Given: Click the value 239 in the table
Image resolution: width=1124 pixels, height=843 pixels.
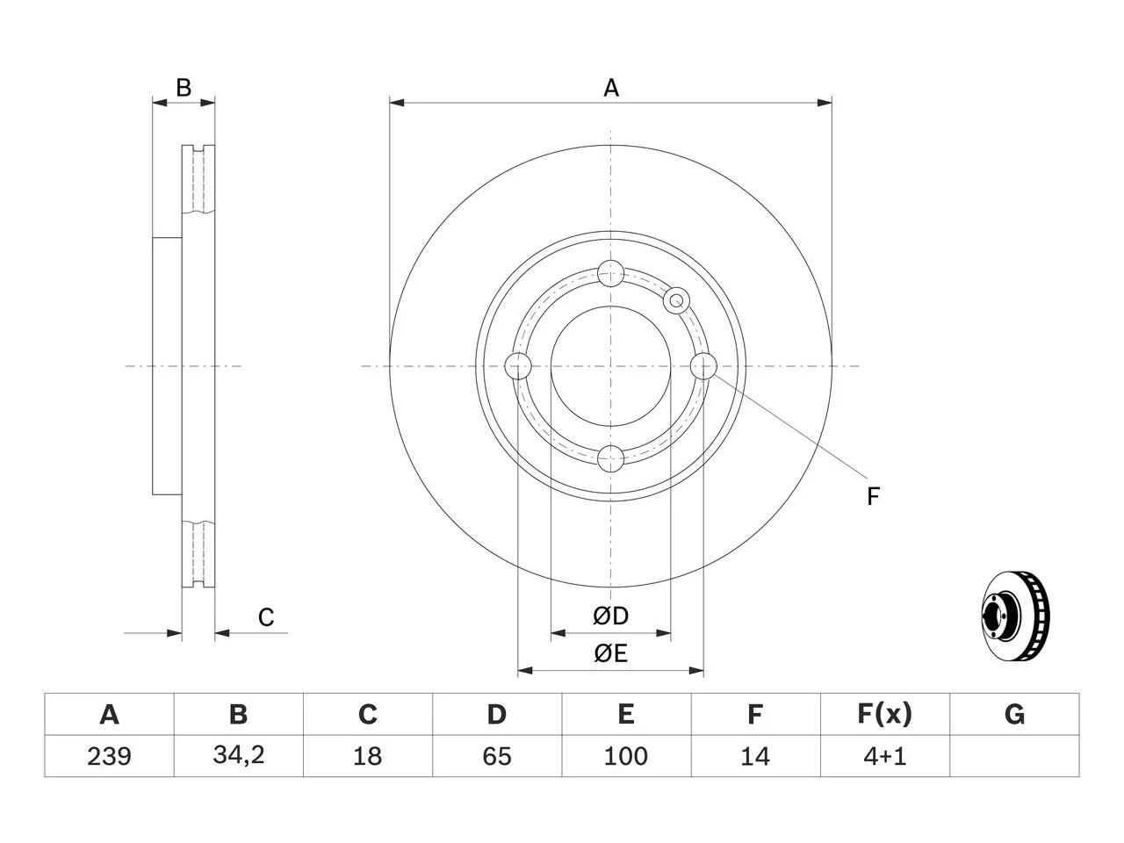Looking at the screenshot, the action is tap(109, 756).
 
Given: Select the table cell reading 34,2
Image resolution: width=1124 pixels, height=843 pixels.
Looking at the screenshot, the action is tap(239, 755).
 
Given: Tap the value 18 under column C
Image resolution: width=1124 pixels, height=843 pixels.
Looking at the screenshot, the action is tap(368, 756).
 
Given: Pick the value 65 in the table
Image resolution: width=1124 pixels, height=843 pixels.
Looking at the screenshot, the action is tap(497, 756).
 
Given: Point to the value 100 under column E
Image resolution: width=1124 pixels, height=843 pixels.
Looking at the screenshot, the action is tap(626, 756).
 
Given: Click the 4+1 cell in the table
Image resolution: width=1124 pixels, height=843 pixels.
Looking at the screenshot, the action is tap(884, 756).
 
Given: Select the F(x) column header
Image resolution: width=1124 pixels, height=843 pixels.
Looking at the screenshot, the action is tap(885, 714).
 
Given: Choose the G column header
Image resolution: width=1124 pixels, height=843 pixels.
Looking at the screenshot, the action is tap(1014, 714).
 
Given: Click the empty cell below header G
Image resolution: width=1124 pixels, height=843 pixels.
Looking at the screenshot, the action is tap(1014, 756).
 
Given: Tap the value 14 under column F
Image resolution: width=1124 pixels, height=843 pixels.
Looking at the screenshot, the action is tap(755, 756).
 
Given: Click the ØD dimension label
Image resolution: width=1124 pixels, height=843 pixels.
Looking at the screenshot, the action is tap(610, 616).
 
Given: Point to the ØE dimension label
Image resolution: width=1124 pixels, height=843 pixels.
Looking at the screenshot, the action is tap(610, 653).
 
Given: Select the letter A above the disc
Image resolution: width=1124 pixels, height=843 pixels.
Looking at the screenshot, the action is tap(611, 88).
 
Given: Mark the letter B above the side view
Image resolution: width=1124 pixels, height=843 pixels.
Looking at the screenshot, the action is tap(184, 88).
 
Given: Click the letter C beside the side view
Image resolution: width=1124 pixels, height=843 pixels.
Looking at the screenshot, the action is tap(266, 617).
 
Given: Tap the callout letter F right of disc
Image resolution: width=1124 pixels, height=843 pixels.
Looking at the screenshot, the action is tap(873, 496).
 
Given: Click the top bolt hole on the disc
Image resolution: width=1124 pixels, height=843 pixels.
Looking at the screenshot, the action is tap(611, 273).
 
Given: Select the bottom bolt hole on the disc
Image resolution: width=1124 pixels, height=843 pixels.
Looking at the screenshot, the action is tap(611, 458).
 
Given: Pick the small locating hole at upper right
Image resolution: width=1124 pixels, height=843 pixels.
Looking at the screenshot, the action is tap(676, 300).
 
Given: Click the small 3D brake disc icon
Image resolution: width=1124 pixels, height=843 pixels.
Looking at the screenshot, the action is tap(1015, 616).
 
